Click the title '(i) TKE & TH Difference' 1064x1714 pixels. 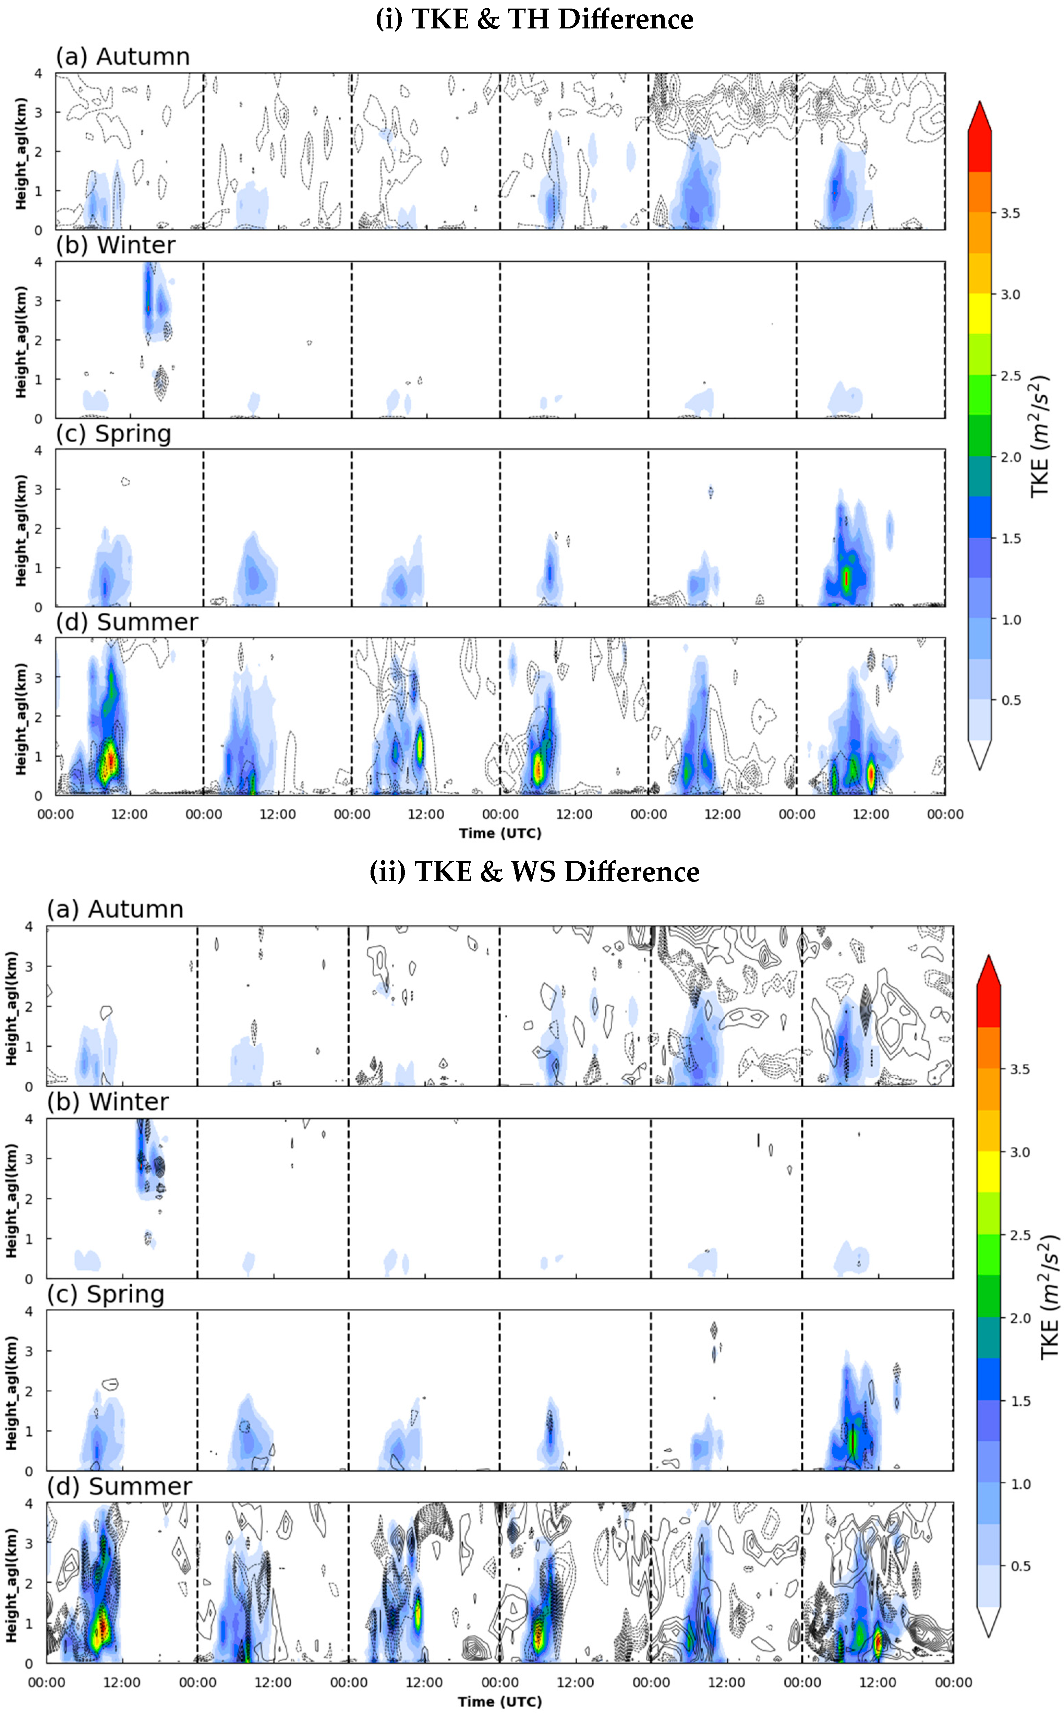(534, 19)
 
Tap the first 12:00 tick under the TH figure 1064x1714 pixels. (130, 814)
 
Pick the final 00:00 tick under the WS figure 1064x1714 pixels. (953, 1682)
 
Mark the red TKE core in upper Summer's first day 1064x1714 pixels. (109, 762)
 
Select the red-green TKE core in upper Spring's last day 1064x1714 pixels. (847, 577)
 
